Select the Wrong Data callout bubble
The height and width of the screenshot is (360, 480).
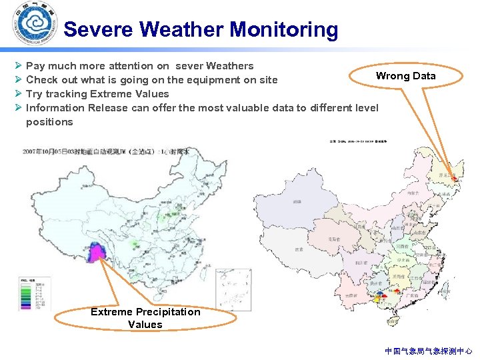[x=405, y=76]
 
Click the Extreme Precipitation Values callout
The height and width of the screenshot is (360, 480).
[x=145, y=318]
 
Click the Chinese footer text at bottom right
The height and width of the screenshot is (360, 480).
[x=428, y=350]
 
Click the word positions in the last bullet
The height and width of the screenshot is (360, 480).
[x=49, y=122]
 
